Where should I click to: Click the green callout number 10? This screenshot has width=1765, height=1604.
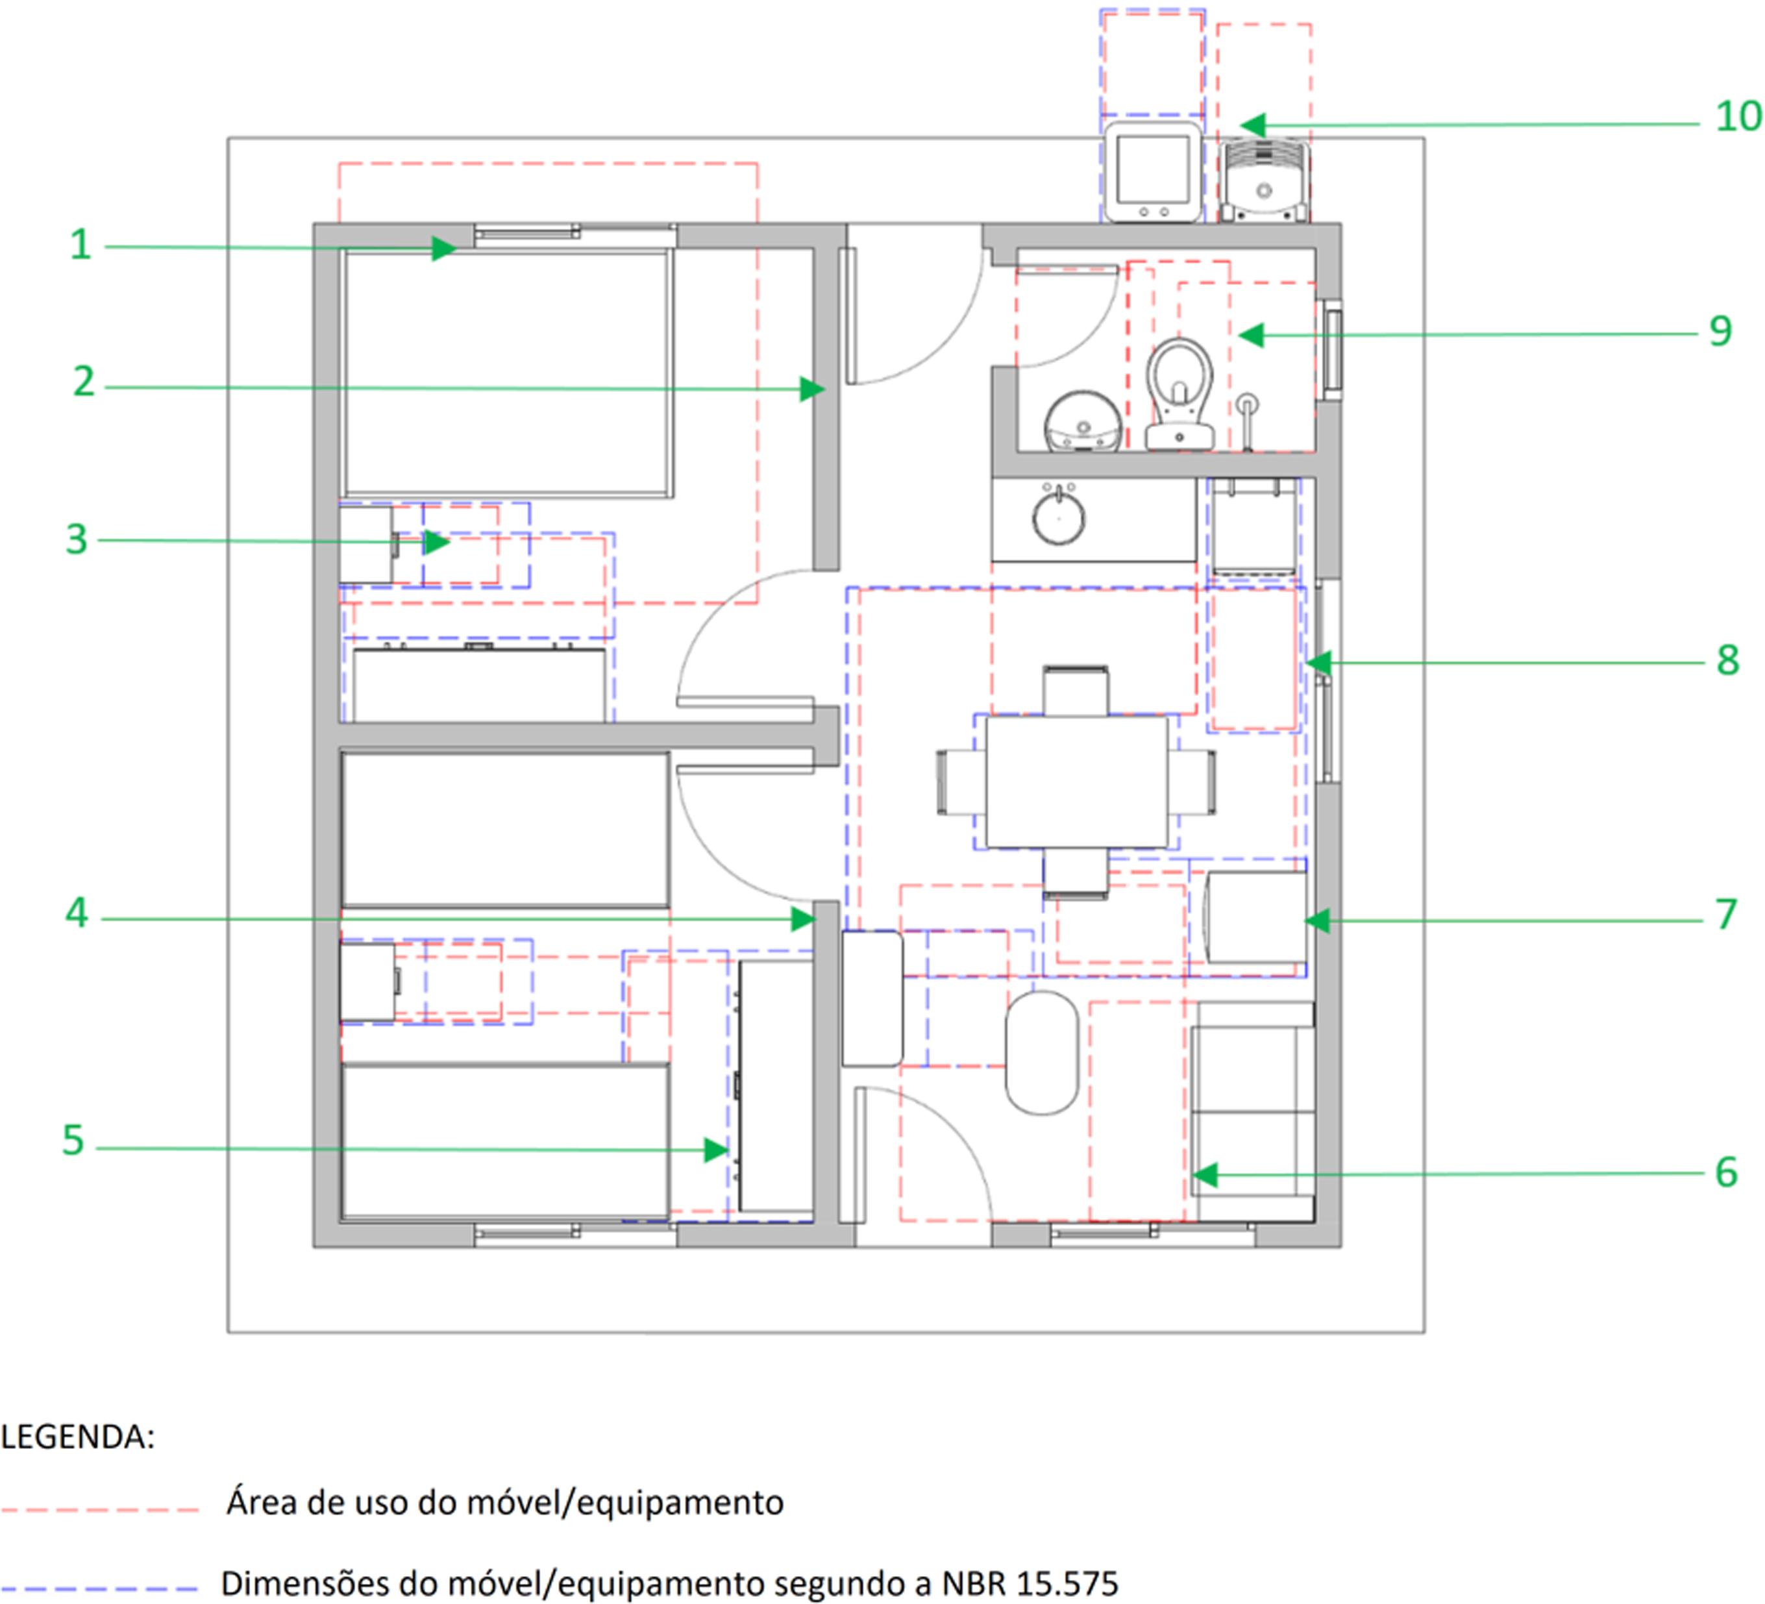[x=1738, y=116]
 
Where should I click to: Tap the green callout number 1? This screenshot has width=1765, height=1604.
[x=80, y=244]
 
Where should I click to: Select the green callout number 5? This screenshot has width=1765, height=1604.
[x=73, y=1140]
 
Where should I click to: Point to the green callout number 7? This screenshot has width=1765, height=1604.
[x=1725, y=914]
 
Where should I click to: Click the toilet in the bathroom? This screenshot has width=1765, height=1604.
[x=1179, y=394]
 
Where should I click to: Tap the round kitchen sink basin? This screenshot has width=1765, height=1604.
[x=1059, y=517]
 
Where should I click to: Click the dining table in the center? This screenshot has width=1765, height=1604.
[x=1076, y=782]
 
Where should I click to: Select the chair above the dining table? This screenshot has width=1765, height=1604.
[x=1075, y=692]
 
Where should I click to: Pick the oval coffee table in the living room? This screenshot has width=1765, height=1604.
[x=1042, y=1052]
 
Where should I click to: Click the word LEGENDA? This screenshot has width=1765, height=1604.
[x=77, y=1437]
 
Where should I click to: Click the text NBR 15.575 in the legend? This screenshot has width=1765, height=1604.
[x=1030, y=1583]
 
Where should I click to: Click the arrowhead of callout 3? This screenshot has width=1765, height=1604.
[x=437, y=542]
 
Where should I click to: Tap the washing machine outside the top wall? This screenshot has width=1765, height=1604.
[x=1152, y=173]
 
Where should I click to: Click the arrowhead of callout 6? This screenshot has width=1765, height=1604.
[x=1203, y=1175]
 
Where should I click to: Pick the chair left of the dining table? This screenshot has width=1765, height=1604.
[x=961, y=782]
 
